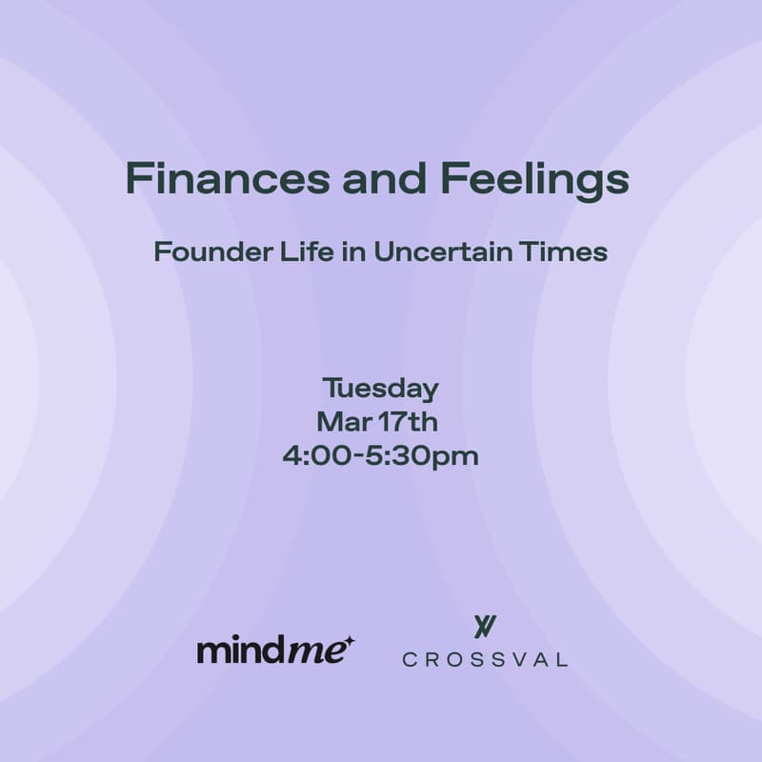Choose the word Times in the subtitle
pyautogui.click(x=574, y=253)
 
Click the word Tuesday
pyautogui.click(x=380, y=390)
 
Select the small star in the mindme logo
pyautogui.click(x=350, y=642)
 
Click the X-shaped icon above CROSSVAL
pyautogui.click(x=485, y=627)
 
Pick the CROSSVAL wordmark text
pyautogui.click(x=485, y=659)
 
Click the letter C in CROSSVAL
pyautogui.click(x=409, y=659)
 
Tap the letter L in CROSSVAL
pyautogui.click(x=561, y=659)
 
